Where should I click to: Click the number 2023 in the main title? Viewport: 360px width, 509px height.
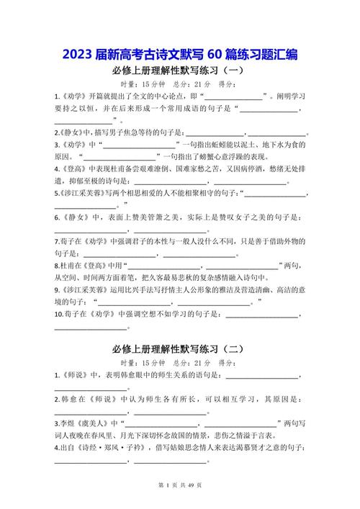click(77, 55)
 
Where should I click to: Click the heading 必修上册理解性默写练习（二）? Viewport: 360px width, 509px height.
click(180, 348)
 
